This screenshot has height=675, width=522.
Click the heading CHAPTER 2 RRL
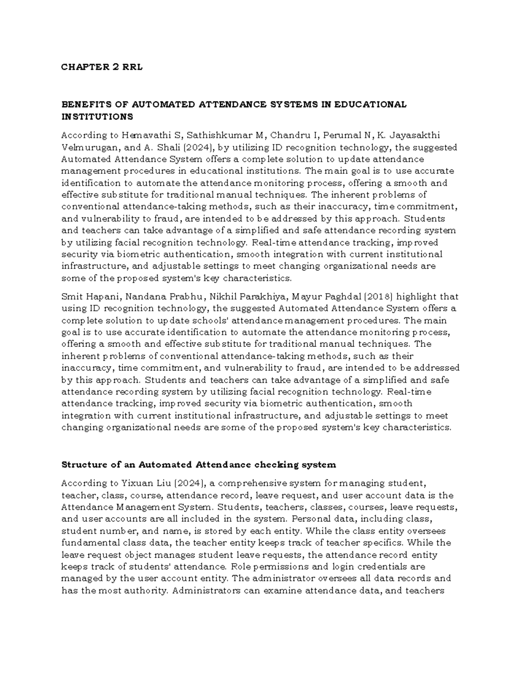click(102, 67)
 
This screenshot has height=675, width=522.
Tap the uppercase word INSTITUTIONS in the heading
click(97, 116)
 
